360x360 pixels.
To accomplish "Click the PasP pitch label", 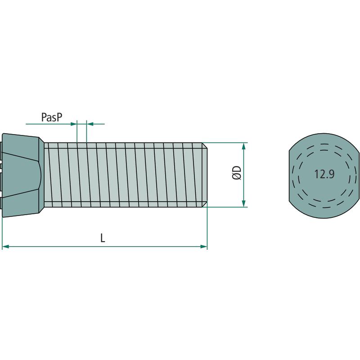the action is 52,117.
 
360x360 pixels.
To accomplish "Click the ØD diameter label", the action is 237,173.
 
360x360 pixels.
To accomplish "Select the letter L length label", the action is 103,238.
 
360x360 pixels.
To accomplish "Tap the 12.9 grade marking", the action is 324,174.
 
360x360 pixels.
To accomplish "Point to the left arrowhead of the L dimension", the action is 5,247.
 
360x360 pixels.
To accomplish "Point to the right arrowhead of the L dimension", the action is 204,247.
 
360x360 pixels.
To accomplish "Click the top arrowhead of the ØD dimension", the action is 244,146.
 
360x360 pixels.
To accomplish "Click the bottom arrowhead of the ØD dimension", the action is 244,203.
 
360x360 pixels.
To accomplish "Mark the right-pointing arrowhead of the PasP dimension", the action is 73,124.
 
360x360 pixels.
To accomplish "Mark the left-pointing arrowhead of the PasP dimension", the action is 90,124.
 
